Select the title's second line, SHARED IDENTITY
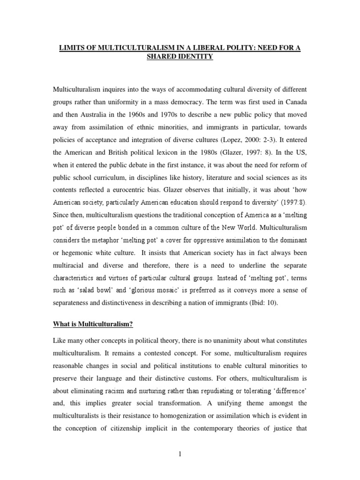(180, 56)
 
